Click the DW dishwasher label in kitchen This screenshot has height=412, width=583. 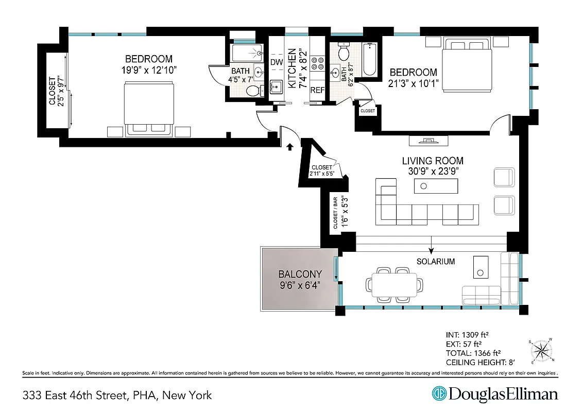point(277,62)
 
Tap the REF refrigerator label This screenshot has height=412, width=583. point(317,91)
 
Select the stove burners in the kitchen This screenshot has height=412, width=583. point(317,63)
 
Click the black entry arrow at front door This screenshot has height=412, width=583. point(289,147)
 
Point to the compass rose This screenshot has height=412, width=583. point(541,351)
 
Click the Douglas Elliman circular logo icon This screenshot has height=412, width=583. point(439,394)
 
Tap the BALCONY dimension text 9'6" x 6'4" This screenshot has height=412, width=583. point(300,285)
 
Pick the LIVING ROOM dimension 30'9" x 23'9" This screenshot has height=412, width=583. point(433,171)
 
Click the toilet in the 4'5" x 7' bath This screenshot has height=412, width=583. point(253,91)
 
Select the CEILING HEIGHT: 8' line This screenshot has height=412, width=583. point(480,363)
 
